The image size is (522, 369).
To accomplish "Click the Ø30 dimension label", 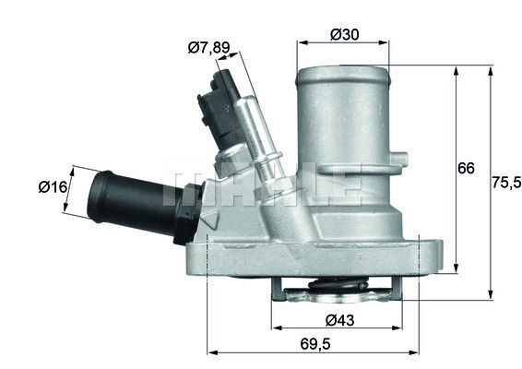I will [344, 34].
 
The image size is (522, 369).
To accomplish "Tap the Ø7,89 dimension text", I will [208, 48].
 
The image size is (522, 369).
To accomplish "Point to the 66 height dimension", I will [467, 168].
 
